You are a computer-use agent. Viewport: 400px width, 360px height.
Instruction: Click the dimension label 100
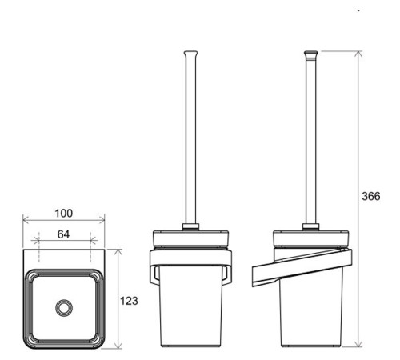click(63, 214)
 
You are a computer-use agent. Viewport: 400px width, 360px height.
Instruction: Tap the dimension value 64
click(63, 234)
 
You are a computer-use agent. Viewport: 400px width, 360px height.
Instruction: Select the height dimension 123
click(129, 301)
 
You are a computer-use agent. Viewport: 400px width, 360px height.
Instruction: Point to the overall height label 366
click(371, 196)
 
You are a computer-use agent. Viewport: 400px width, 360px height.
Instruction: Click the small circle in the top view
click(64, 308)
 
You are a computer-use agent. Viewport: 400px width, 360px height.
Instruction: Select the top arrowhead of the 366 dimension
click(359, 54)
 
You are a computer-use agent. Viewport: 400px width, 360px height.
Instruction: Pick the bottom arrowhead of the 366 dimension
click(359, 344)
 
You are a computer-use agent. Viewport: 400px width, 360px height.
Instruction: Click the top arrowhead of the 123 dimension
click(118, 252)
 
